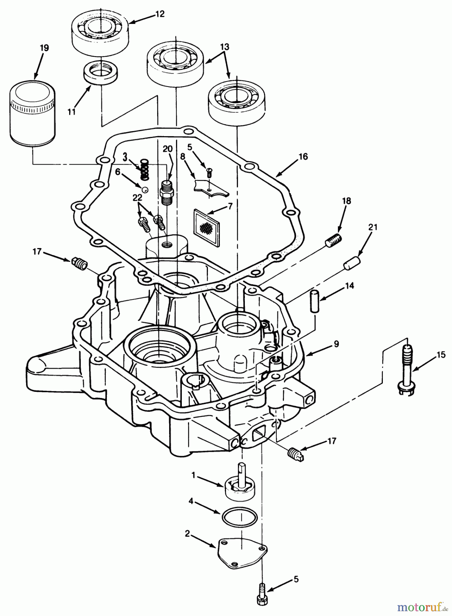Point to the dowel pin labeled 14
(314, 301)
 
